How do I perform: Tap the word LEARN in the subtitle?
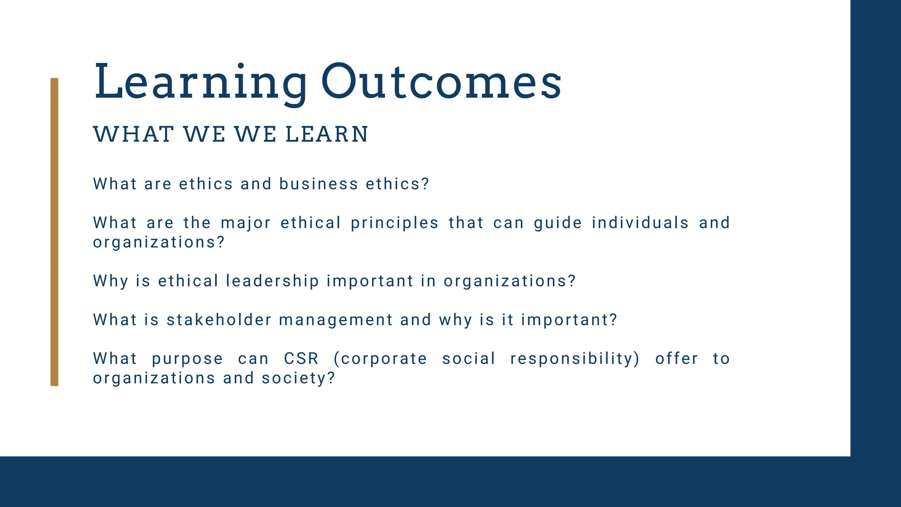click(326, 134)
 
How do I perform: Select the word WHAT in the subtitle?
click(133, 134)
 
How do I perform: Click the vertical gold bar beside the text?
click(54, 232)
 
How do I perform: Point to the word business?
click(319, 184)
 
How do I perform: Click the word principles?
click(395, 223)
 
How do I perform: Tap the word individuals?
click(640, 223)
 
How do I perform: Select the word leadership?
click(272, 281)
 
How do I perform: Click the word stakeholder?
click(219, 320)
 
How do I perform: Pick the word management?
click(336, 320)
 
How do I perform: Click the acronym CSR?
click(301, 359)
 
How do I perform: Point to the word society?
click(298, 378)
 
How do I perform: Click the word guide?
click(557, 223)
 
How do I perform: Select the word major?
click(245, 223)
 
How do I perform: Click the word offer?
click(676, 359)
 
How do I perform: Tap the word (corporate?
click(380, 359)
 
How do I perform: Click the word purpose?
click(187, 359)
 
